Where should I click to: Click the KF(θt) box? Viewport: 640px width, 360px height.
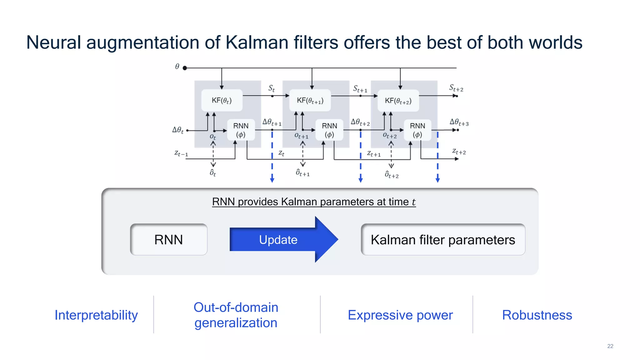pos(222,100)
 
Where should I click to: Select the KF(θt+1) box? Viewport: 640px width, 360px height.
pos(310,100)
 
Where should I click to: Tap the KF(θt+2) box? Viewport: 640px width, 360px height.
pos(398,101)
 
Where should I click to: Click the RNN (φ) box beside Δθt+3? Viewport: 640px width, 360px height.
pos(417,130)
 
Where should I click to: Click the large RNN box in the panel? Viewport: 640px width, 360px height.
pos(169,240)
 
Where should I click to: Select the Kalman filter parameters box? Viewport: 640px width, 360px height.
pos(443,240)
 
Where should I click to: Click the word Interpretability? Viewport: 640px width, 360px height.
pos(96,315)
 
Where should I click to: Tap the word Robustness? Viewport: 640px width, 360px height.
pos(537,315)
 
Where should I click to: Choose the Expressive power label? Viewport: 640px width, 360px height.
pos(400,315)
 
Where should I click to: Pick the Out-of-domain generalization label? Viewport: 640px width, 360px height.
pos(236,315)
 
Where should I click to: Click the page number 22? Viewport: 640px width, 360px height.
pos(610,346)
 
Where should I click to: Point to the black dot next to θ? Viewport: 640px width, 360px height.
pos(185,68)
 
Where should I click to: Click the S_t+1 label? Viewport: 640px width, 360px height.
pos(360,89)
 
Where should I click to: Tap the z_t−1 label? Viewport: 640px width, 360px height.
pos(181,153)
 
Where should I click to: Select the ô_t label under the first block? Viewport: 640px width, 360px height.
pos(213,172)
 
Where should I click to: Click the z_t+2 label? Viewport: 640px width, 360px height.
pos(459,152)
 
